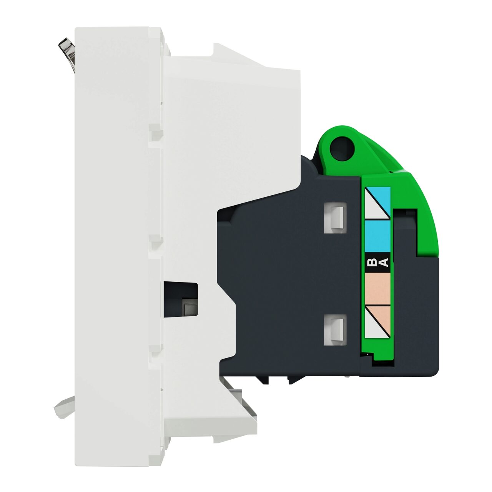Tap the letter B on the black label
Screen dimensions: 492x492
coord(372,263)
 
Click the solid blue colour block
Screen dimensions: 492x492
coord(377,236)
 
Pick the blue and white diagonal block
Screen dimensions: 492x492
coord(377,203)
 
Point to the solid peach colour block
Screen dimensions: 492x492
coord(377,289)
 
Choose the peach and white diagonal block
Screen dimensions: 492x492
coord(377,321)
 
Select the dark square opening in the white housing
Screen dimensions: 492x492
coord(181,299)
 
